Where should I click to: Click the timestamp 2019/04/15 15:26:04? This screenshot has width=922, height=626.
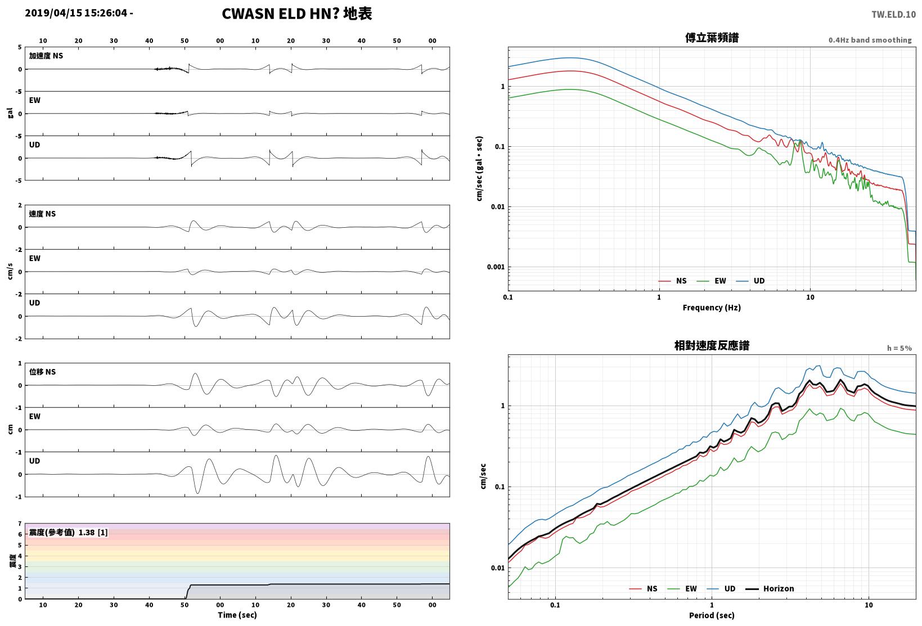tap(76, 13)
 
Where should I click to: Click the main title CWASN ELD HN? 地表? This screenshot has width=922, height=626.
tap(297, 13)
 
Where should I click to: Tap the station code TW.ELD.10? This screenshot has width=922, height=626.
tap(893, 15)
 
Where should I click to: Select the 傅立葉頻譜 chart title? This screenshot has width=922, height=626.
tap(712, 38)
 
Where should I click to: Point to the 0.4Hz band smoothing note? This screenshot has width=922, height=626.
tap(870, 40)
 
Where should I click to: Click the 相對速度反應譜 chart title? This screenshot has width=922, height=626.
tap(712, 345)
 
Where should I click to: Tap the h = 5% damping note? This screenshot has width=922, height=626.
tap(899, 348)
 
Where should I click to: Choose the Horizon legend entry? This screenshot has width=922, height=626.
tap(770, 588)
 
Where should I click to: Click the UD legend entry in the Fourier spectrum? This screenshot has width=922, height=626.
tap(750, 281)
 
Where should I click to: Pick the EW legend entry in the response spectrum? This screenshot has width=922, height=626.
tap(682, 588)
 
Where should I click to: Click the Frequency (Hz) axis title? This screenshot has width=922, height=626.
tap(711, 308)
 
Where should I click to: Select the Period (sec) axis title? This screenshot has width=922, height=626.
tap(711, 615)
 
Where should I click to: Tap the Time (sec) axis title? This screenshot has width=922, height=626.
tap(237, 615)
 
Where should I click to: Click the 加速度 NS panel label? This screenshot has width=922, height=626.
tap(46, 56)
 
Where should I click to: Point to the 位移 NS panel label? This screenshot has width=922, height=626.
tap(42, 372)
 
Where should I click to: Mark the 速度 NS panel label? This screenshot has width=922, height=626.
tap(42, 214)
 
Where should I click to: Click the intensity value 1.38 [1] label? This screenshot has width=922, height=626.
tap(93, 533)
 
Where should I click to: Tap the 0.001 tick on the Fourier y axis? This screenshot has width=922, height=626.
tap(495, 267)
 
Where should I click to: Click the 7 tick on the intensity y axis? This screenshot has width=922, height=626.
tap(20, 524)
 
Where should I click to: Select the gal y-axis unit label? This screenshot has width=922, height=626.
tap(10, 113)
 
